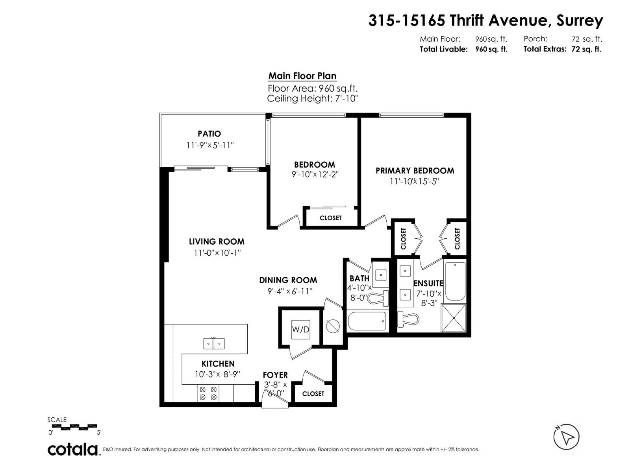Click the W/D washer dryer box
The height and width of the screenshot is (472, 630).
(300, 329)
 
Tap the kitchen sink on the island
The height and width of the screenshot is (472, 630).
(214, 343)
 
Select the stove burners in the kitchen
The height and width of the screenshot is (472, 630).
(208, 393)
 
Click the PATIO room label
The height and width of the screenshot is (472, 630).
(209, 134)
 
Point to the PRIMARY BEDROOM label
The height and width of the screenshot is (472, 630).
(415, 171)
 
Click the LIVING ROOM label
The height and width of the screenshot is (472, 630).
(217, 242)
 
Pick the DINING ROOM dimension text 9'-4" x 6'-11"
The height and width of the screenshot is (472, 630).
(289, 291)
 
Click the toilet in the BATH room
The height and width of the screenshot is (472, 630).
(378, 299)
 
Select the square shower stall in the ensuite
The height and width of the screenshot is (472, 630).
(454, 318)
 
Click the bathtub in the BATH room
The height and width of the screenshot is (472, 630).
(367, 321)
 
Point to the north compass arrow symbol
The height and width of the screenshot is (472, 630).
(567, 436)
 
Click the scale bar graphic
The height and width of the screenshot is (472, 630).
(74, 426)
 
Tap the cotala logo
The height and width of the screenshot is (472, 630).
(73, 449)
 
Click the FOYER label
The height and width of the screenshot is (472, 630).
(275, 375)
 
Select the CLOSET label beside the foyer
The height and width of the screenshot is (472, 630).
(313, 394)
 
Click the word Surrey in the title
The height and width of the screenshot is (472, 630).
(579, 20)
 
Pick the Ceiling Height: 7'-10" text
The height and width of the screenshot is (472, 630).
(313, 98)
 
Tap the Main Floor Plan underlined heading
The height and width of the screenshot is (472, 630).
(302, 76)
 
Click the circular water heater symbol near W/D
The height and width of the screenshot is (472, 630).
(333, 326)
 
